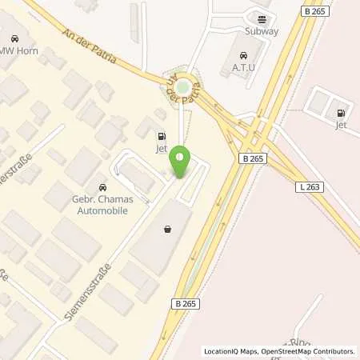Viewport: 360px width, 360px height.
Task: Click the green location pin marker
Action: pos(181,162)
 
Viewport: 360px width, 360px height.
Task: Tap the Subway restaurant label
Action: pos(262,32)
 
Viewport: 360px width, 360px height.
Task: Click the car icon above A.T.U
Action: pos(245,55)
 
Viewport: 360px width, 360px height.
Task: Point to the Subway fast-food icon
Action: pos(261,18)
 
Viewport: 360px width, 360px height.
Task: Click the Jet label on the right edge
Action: pos(341,126)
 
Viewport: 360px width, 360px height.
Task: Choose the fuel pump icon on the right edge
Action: pos(342,113)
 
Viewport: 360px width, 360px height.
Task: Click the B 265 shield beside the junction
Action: pos(252,159)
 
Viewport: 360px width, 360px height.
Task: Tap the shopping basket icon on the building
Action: pos(167,229)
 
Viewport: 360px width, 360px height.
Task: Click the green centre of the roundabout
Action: pos(183,86)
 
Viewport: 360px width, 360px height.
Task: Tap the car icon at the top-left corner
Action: pos(14,38)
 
